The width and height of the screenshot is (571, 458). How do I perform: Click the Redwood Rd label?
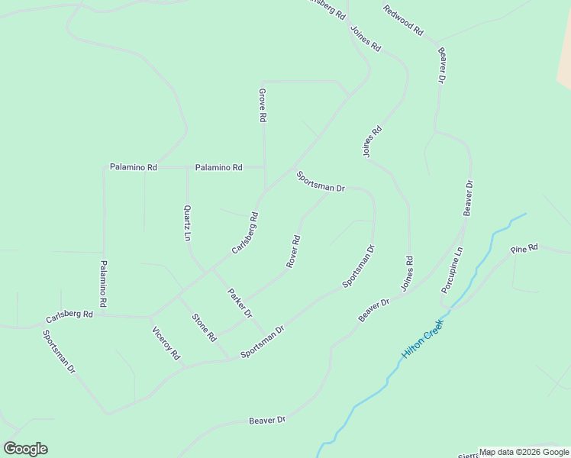pyautogui.click(x=403, y=21)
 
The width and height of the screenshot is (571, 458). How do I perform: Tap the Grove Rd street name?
pyautogui.click(x=262, y=105)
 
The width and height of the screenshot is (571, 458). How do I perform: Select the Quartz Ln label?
pyautogui.click(x=186, y=223)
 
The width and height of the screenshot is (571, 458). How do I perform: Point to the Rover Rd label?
pyautogui.click(x=293, y=251)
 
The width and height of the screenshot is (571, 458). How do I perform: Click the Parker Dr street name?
pyautogui.click(x=239, y=303)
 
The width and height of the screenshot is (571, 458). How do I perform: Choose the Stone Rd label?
pyautogui.click(x=205, y=327)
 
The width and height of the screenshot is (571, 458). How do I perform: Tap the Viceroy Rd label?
pyautogui.click(x=166, y=343)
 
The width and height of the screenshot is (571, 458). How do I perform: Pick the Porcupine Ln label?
pyautogui.click(x=452, y=270)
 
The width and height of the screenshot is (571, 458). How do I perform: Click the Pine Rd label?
pyautogui.click(x=524, y=249)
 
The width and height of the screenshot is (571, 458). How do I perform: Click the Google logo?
pyautogui.click(x=25, y=449)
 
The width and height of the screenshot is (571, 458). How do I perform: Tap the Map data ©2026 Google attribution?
pyautogui.click(x=524, y=452)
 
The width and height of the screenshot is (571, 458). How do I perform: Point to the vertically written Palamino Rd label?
pyautogui.click(x=104, y=284)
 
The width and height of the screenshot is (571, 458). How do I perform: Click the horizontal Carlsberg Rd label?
pyautogui.click(x=69, y=314)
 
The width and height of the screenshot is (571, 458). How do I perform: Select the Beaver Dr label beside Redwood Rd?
pyautogui.click(x=441, y=65)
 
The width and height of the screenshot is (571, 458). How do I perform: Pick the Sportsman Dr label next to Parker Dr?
pyautogui.click(x=262, y=342)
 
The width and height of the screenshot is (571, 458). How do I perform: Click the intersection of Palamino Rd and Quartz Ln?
pyautogui.click(x=187, y=167)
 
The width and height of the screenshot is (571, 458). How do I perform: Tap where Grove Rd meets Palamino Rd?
pyautogui.click(x=264, y=166)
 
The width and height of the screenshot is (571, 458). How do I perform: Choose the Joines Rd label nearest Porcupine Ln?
pyautogui.click(x=408, y=274)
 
